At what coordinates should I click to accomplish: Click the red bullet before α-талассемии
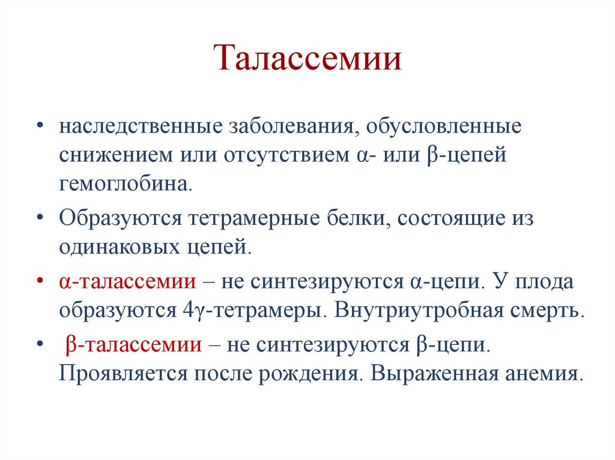(x=39, y=281)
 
